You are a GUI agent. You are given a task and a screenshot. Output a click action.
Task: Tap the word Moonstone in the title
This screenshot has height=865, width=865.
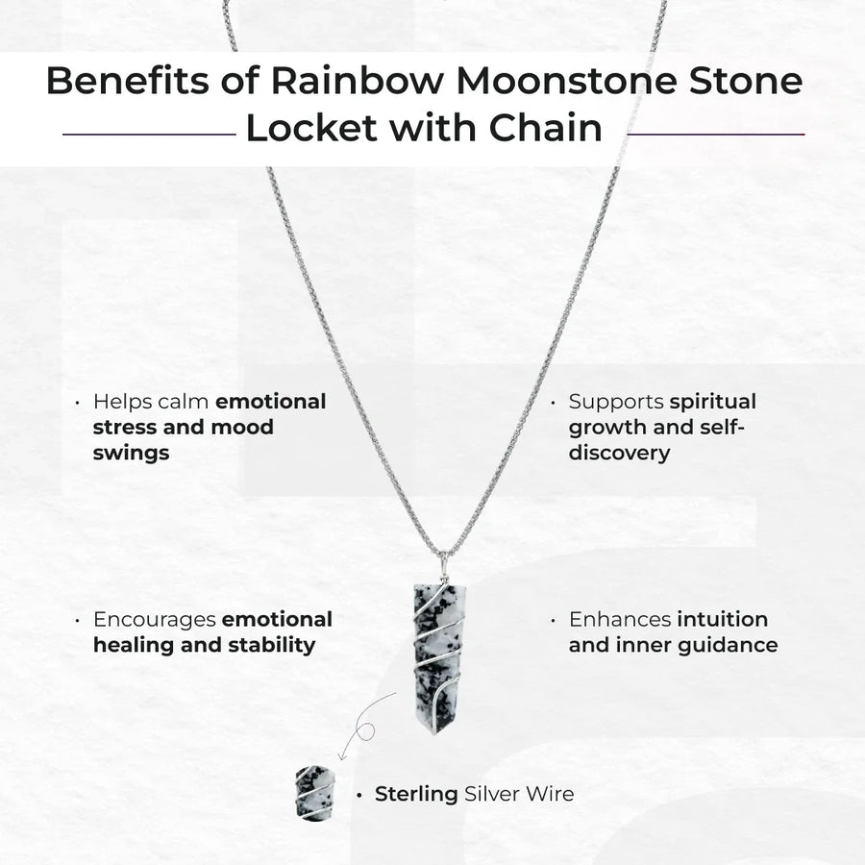(x=566, y=81)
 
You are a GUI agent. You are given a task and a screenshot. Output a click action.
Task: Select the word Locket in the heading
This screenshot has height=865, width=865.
(x=312, y=128)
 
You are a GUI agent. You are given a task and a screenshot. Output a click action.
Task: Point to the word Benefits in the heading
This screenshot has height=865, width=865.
(x=128, y=81)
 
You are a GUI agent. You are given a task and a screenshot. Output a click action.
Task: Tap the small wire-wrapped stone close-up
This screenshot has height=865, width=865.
(x=315, y=793)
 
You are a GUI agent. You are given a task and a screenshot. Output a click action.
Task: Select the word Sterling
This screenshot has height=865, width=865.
(x=416, y=795)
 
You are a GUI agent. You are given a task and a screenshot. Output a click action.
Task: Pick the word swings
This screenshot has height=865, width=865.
(x=131, y=454)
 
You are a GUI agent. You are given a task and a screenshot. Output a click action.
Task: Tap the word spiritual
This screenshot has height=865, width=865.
(x=712, y=402)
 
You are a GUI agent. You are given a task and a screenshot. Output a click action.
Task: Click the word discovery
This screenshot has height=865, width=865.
(x=620, y=454)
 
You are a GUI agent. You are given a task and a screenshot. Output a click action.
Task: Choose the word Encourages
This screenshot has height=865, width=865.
(x=154, y=620)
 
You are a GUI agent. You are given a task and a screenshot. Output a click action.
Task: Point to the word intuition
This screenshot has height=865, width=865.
(x=722, y=619)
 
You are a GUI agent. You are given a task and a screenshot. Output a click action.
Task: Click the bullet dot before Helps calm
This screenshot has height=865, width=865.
(x=77, y=402)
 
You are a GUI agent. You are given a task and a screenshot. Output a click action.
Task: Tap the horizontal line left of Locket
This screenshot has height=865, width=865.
(x=149, y=134)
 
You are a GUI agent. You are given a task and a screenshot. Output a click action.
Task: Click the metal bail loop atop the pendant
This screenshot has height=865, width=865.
(x=442, y=565)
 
